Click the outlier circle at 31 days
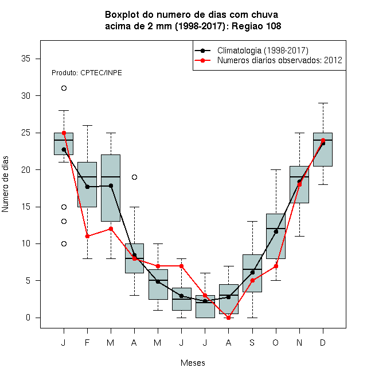click(x=64, y=88)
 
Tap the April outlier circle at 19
click(x=135, y=177)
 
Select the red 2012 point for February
click(x=87, y=236)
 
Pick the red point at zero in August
click(x=228, y=318)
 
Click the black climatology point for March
click(x=111, y=185)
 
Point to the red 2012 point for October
click(x=276, y=266)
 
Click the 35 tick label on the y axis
click(x=26, y=59)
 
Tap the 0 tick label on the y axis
click(x=28, y=318)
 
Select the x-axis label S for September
click(x=252, y=342)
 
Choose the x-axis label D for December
click(x=323, y=342)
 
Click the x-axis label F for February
click(x=87, y=342)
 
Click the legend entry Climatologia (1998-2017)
click(x=263, y=51)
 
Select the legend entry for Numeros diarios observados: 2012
click(x=280, y=60)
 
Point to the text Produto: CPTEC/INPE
click(x=87, y=73)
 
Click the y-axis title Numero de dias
click(x=5, y=184)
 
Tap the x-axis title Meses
click(x=193, y=363)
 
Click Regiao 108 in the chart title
click(x=256, y=26)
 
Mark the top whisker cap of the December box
click(x=323, y=103)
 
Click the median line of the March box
click(x=111, y=177)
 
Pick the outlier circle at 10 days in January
click(x=64, y=243)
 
